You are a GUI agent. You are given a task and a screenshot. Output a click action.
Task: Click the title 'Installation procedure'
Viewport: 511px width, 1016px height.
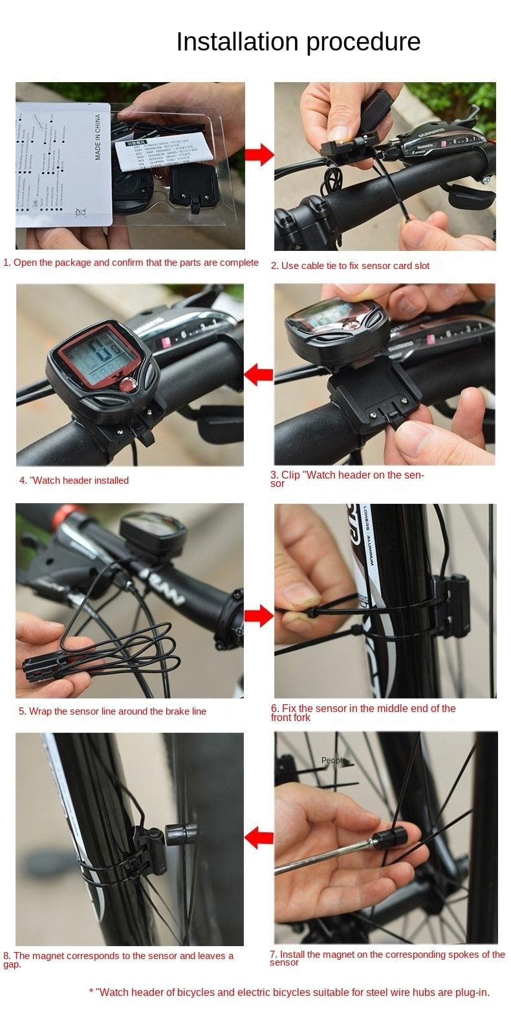coord(298,41)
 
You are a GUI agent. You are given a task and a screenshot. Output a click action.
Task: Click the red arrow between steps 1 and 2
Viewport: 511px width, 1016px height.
coord(260,155)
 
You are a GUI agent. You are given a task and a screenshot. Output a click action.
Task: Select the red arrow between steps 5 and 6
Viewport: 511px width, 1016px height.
coord(259,615)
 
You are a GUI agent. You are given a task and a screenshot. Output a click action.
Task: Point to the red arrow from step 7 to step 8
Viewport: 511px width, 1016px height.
coord(259,839)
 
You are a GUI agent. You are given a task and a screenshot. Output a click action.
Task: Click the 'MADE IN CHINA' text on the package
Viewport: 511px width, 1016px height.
coord(98,137)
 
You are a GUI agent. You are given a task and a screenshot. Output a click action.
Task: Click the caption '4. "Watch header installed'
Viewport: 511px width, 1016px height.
coord(74,481)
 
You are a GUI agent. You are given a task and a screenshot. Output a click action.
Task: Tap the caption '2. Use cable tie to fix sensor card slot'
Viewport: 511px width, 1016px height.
coord(349,266)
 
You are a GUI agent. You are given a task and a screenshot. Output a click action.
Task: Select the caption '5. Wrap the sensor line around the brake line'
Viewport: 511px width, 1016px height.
coord(113,711)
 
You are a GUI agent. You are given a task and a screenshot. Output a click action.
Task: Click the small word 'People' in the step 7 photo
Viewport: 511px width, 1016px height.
coord(332,761)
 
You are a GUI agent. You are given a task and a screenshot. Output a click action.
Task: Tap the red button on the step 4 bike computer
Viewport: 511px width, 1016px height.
coord(124,386)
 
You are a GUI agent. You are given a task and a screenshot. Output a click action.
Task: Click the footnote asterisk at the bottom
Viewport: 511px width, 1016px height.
coord(91,992)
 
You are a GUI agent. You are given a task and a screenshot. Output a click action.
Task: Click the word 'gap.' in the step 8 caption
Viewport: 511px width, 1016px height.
coord(12,964)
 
